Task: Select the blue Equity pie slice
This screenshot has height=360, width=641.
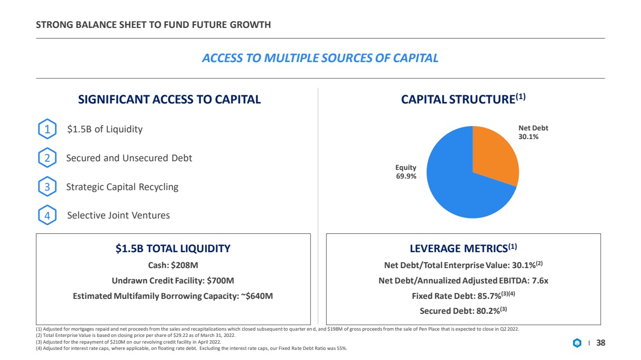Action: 458,186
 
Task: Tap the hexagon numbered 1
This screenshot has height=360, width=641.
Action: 47,129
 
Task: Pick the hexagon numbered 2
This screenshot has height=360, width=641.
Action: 47,158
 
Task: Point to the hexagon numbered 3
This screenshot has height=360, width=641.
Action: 47,186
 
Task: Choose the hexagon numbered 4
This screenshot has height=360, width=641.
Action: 47,215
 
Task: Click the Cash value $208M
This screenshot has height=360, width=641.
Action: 184,265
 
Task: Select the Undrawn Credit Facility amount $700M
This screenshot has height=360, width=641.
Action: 221,281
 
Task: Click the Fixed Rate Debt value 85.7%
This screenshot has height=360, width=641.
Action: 489,296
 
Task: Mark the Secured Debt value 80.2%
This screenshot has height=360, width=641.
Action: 488,311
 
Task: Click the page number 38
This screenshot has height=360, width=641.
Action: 601,343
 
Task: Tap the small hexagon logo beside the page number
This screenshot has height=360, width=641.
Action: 577,343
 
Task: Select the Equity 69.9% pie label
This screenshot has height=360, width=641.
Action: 406,171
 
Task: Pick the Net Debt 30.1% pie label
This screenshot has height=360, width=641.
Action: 533,132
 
